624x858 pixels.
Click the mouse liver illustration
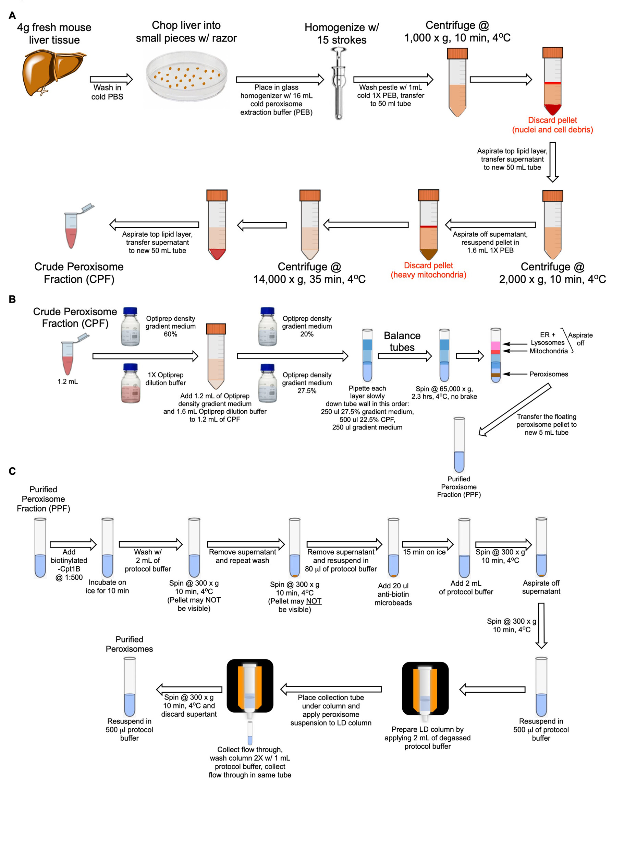(x=53, y=72)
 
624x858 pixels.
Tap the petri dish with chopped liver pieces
(x=187, y=77)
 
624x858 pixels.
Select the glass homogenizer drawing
(x=339, y=83)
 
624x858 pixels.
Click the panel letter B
(x=12, y=299)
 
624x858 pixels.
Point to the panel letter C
(x=12, y=471)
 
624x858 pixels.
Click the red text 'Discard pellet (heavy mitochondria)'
(x=428, y=270)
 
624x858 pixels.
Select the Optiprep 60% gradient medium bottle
(x=131, y=327)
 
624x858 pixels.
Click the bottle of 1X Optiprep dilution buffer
(x=131, y=383)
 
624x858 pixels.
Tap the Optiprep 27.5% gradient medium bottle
(x=268, y=383)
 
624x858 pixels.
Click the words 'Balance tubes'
(x=402, y=341)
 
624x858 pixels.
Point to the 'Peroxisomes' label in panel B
(x=548, y=374)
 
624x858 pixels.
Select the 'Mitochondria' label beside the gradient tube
(x=548, y=351)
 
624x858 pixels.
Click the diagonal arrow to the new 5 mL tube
(x=514, y=410)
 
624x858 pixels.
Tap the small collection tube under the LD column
(x=250, y=733)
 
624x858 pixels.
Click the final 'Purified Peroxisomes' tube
(x=130, y=686)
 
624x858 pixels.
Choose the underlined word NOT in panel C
(x=314, y=601)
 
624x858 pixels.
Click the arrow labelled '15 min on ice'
(x=427, y=544)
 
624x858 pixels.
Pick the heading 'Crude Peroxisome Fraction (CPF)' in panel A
(x=79, y=273)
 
